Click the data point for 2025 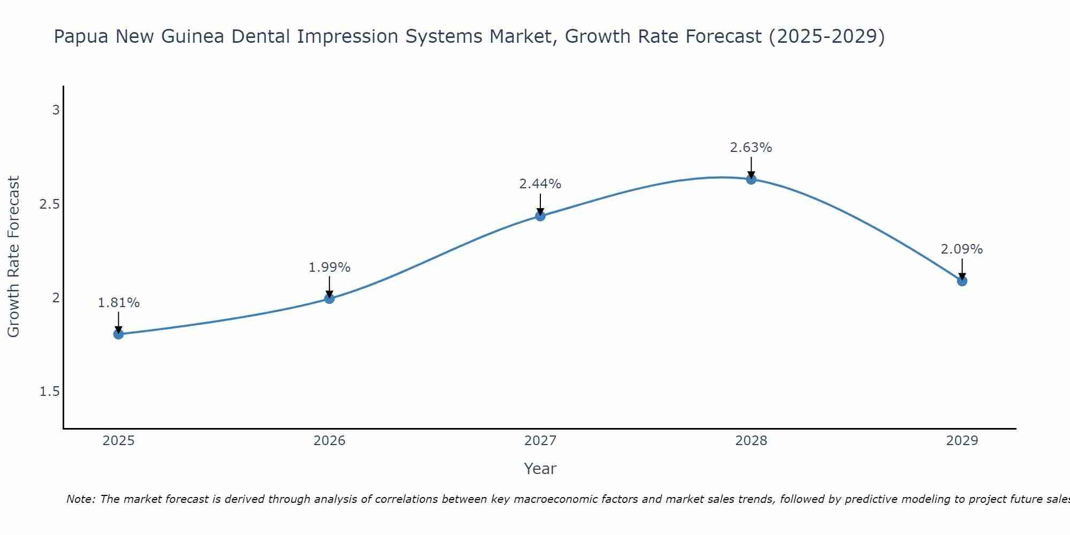[x=119, y=334]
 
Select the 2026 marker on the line [x=330, y=299]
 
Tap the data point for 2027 [x=540, y=216]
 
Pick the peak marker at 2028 [x=751, y=179]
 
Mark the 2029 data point [x=962, y=281]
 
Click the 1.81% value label [x=119, y=303]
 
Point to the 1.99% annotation [x=330, y=267]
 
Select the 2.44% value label [x=540, y=184]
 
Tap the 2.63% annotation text [x=751, y=148]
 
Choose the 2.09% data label [x=962, y=249]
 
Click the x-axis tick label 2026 [x=330, y=441]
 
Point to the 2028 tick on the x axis [x=751, y=441]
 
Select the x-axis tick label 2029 [x=962, y=441]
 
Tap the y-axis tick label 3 [x=56, y=110]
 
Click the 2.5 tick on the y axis [x=50, y=204]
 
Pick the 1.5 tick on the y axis [x=50, y=392]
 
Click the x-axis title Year [x=540, y=469]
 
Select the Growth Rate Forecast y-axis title [x=13, y=257]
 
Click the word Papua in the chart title [x=81, y=37]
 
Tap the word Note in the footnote [x=80, y=499]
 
